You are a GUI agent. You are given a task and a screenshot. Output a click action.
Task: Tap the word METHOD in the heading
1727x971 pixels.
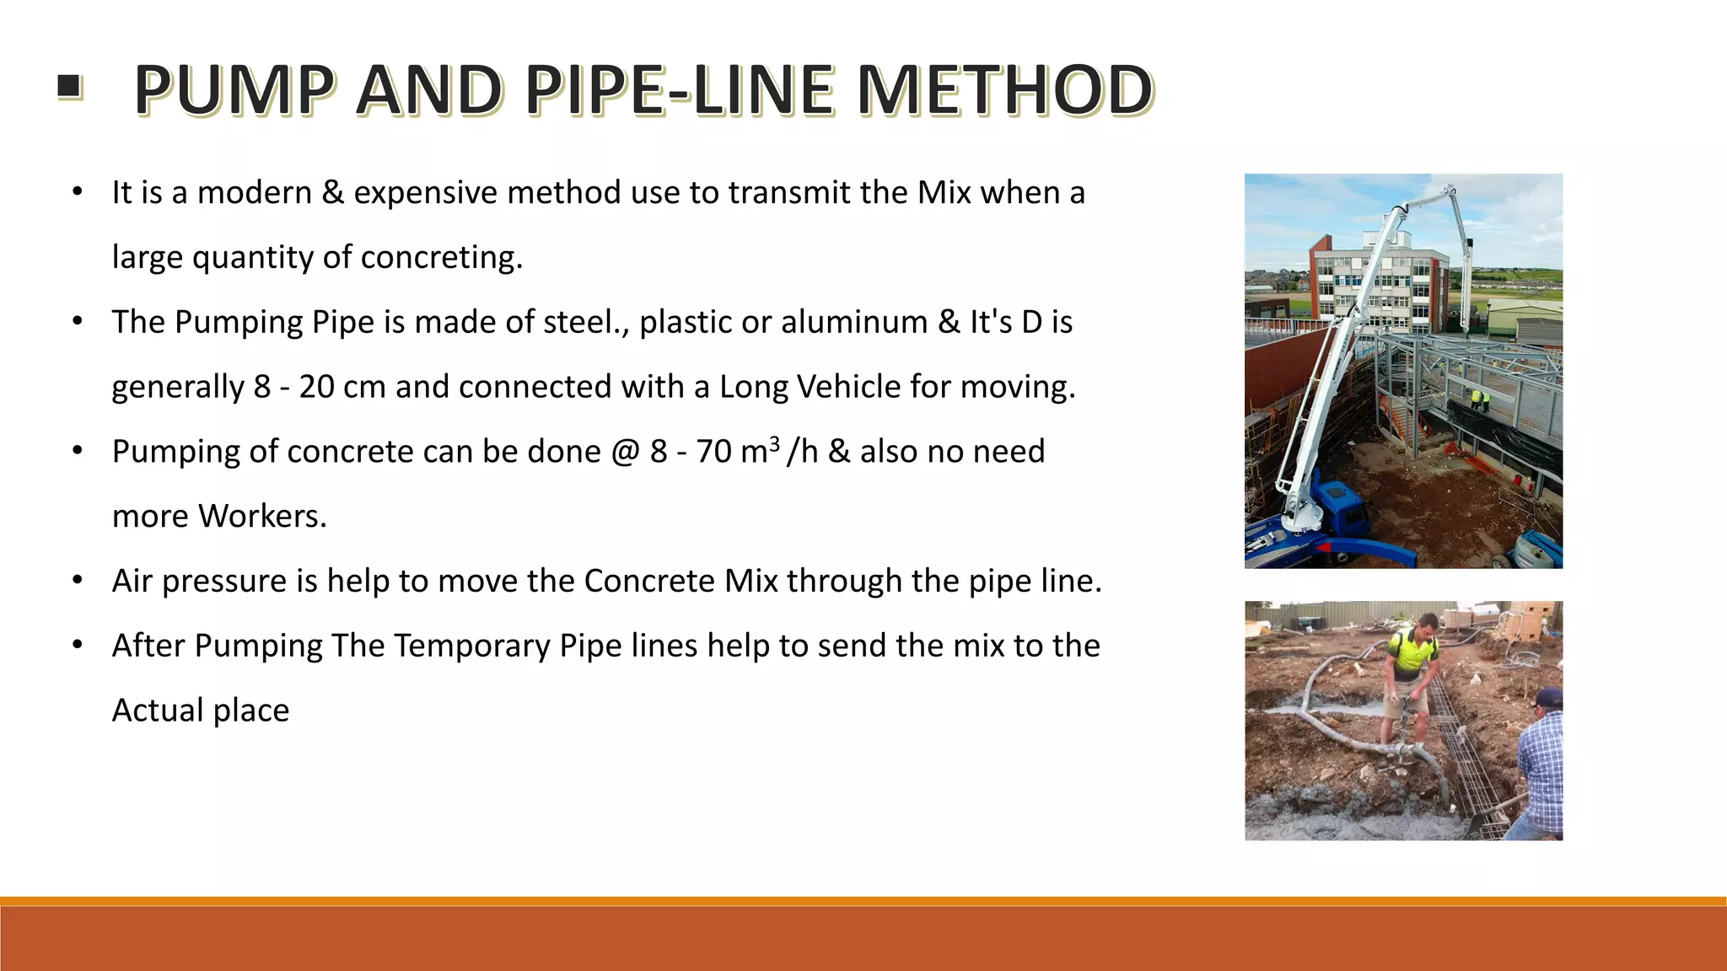point(1004,90)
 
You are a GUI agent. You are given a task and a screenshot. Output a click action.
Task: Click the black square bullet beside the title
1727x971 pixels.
point(69,86)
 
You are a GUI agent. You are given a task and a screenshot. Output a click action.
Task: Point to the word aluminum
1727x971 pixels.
point(853,322)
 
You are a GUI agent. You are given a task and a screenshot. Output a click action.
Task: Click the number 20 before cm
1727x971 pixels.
point(316,387)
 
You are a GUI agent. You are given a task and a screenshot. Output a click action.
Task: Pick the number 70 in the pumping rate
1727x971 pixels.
point(713,452)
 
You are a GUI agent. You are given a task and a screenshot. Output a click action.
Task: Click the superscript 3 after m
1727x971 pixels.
point(774,443)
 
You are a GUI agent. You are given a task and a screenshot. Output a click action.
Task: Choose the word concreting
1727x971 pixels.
point(441,258)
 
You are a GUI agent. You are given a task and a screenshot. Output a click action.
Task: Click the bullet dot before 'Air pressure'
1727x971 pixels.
point(78,580)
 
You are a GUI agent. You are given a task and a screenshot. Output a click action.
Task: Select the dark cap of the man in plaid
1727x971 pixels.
point(1550,697)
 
